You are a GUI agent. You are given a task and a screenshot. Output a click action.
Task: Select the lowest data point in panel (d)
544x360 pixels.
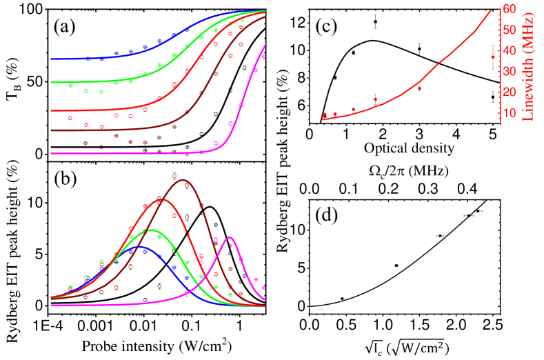tap(342, 299)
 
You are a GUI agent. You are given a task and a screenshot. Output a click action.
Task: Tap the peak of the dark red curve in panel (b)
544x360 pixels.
tap(183, 181)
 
